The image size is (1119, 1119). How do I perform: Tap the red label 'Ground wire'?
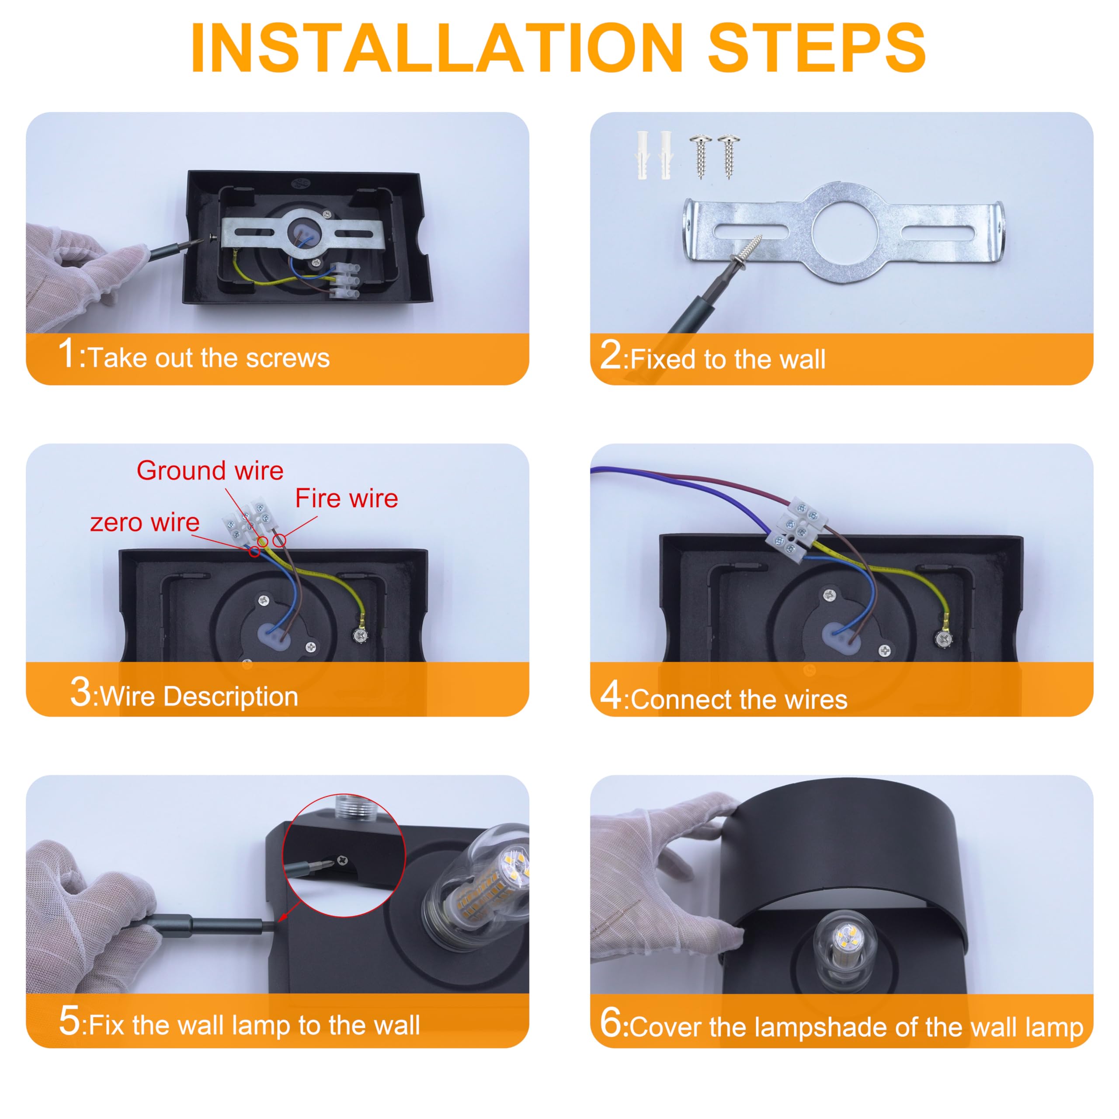click(x=210, y=471)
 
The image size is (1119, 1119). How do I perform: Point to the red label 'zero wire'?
click(x=145, y=522)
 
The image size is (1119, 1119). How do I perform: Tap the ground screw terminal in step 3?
click(x=360, y=636)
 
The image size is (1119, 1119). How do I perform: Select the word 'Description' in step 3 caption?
click(x=231, y=697)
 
